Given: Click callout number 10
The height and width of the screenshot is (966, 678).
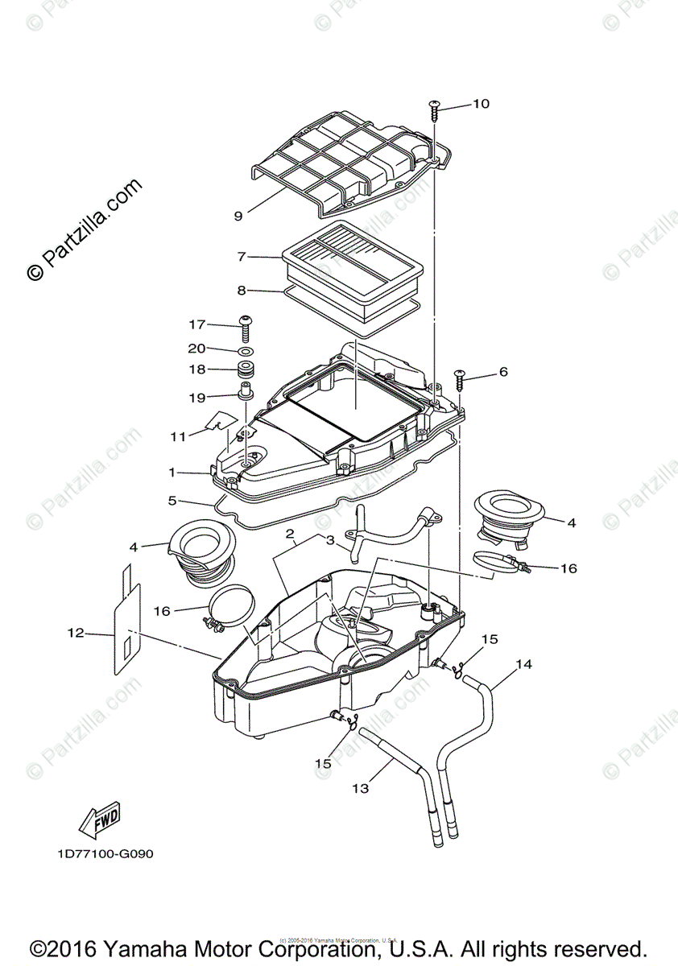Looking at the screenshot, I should click(481, 104).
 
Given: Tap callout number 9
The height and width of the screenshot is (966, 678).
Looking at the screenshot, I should click(238, 216).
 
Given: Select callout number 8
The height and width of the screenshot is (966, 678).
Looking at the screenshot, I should click(242, 290).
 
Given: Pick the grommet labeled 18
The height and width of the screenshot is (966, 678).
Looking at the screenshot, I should click(246, 371).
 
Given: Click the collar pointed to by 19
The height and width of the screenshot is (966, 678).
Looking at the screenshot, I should click(246, 394).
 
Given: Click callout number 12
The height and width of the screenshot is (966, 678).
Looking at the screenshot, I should click(75, 634).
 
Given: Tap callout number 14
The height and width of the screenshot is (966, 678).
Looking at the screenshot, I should click(524, 664).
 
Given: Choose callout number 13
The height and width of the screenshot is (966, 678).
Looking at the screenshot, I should click(361, 788).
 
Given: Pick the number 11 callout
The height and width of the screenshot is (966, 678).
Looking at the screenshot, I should click(178, 436).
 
